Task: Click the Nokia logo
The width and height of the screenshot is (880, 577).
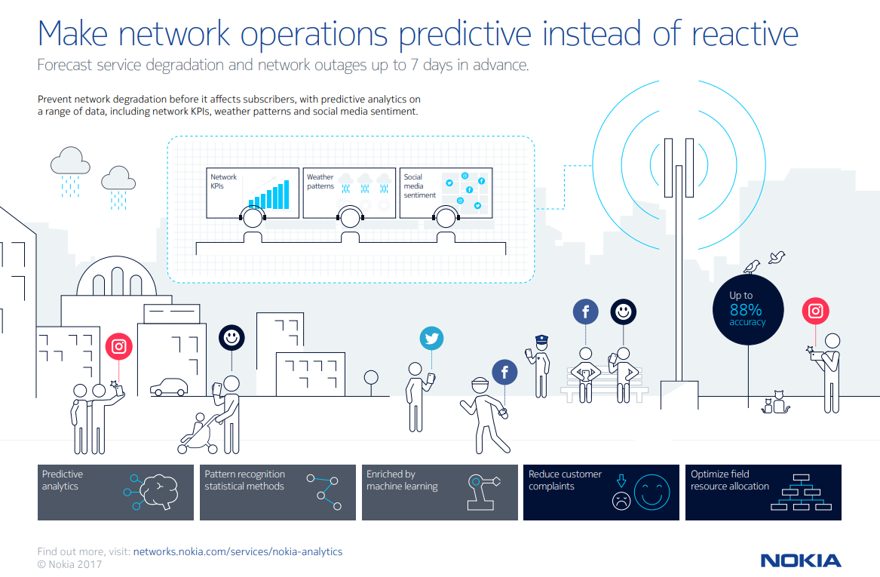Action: (x=801, y=560)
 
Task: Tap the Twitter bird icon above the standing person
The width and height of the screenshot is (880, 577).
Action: (x=431, y=339)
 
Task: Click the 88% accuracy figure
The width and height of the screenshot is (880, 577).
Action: (x=746, y=310)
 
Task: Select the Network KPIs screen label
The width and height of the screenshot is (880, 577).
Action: (x=223, y=181)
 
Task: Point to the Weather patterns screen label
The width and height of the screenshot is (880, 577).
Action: (x=320, y=181)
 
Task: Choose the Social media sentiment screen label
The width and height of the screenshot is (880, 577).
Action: (x=419, y=186)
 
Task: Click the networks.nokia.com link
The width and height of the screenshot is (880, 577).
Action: (x=238, y=552)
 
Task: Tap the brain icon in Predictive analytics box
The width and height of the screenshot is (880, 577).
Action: (x=159, y=492)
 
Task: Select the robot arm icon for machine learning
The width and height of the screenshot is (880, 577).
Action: (x=483, y=492)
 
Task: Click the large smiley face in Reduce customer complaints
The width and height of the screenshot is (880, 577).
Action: (x=652, y=493)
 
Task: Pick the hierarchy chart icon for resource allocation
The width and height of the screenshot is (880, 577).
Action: (x=801, y=493)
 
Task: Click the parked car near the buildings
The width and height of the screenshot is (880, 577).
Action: (x=169, y=387)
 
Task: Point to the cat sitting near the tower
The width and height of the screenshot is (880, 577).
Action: (x=778, y=402)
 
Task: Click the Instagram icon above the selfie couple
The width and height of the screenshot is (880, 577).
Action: (x=119, y=346)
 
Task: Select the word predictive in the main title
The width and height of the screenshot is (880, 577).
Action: (x=465, y=34)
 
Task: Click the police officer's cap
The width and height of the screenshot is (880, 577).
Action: (x=541, y=339)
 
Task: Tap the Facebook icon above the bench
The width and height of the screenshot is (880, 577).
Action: (x=585, y=312)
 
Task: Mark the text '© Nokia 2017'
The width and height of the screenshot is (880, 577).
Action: (x=69, y=565)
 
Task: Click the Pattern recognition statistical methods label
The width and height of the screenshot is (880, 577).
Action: (x=244, y=480)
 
